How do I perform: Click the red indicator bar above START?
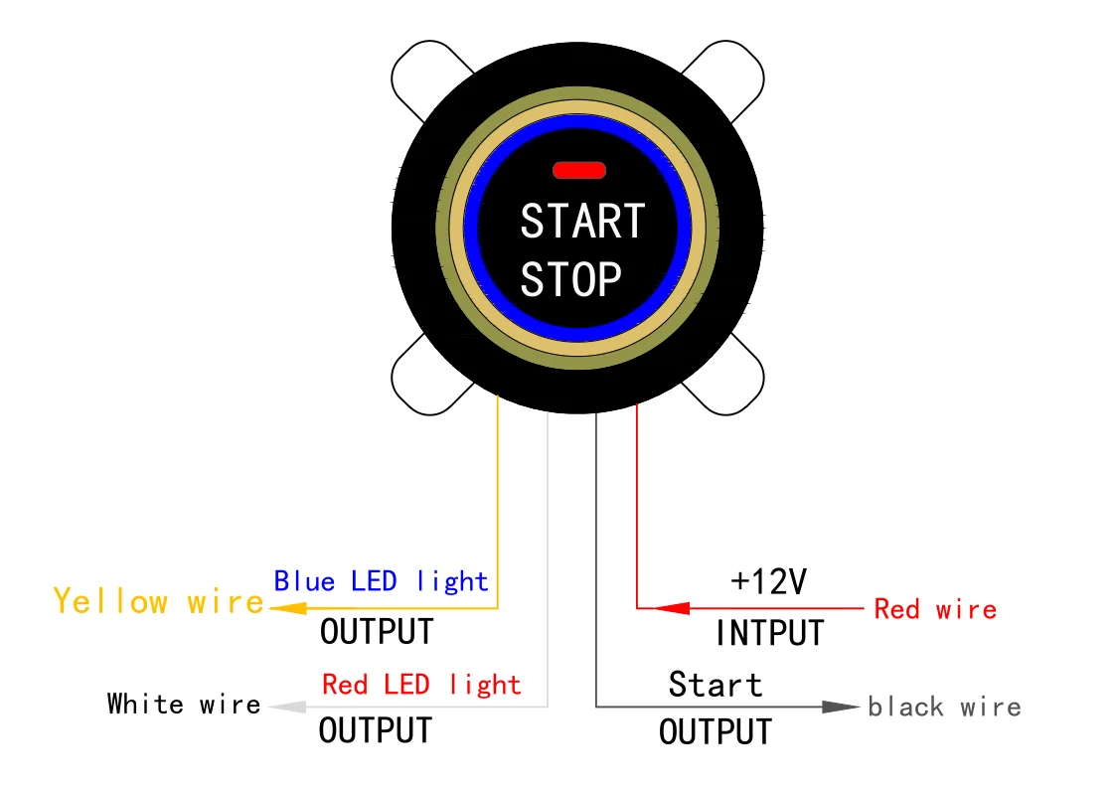(x=578, y=170)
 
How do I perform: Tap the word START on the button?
(x=582, y=221)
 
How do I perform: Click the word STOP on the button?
(x=570, y=279)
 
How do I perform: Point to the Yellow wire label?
(x=159, y=601)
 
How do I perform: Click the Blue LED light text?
(x=381, y=580)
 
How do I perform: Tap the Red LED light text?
(x=421, y=684)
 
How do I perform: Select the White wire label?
(x=184, y=705)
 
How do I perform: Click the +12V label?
(x=768, y=581)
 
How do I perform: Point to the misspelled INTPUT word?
(x=770, y=632)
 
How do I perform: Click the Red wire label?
(x=934, y=608)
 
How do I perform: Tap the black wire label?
(x=944, y=707)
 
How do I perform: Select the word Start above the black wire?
(x=715, y=684)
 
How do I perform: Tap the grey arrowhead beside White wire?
(x=287, y=707)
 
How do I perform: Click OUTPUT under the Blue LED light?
(x=377, y=630)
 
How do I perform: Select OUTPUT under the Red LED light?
(x=376, y=730)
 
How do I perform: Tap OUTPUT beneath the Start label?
(x=716, y=732)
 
